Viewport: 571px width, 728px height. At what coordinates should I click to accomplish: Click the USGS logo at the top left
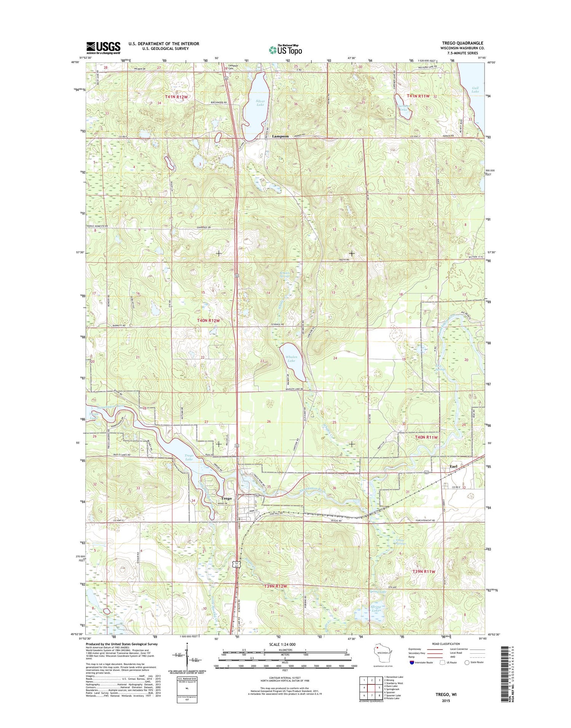click(x=103, y=47)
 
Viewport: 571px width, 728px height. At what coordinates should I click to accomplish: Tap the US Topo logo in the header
click(x=285, y=50)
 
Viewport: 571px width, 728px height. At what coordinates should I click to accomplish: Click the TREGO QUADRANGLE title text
click(x=462, y=43)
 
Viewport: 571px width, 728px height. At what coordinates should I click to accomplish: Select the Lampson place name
click(x=280, y=136)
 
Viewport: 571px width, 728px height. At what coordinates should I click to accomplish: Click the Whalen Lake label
click(x=291, y=359)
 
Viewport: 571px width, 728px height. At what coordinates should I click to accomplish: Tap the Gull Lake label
click(x=475, y=90)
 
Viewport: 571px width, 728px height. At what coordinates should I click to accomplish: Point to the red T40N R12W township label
click(x=208, y=321)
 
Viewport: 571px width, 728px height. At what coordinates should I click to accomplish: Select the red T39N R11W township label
click(x=424, y=572)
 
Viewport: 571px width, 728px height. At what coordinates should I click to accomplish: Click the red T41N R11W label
click(x=418, y=96)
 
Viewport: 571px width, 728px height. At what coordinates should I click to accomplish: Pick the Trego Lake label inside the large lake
click(x=189, y=457)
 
